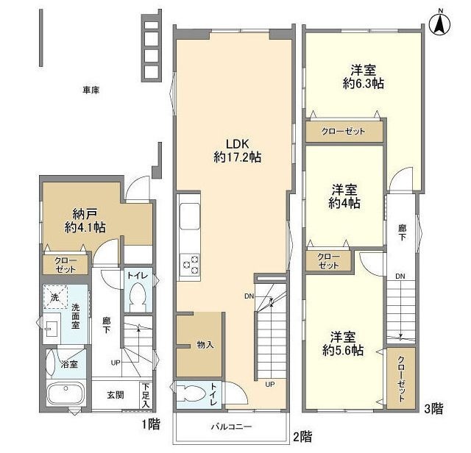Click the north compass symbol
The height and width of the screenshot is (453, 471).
click(x=440, y=24)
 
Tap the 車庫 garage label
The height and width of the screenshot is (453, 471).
click(x=91, y=90)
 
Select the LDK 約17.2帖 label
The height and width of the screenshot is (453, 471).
click(x=237, y=151)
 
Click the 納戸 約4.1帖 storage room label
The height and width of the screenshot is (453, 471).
click(x=85, y=221)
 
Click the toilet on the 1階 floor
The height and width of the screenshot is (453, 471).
click(x=137, y=297)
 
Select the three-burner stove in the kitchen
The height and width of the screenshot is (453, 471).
click(x=190, y=264)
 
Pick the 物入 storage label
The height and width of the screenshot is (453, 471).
click(x=205, y=345)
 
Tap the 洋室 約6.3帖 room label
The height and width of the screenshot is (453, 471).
click(x=364, y=77)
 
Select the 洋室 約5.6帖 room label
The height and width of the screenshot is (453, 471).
click(x=343, y=343)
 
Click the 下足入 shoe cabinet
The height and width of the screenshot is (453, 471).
click(x=146, y=395)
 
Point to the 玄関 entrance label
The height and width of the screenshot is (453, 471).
click(x=116, y=395)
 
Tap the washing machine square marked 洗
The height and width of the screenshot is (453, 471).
click(x=55, y=297)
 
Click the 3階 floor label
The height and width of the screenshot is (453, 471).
click(x=433, y=409)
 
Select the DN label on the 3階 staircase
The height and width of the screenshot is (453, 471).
click(x=400, y=277)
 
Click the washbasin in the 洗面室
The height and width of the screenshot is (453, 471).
click(x=50, y=329)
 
